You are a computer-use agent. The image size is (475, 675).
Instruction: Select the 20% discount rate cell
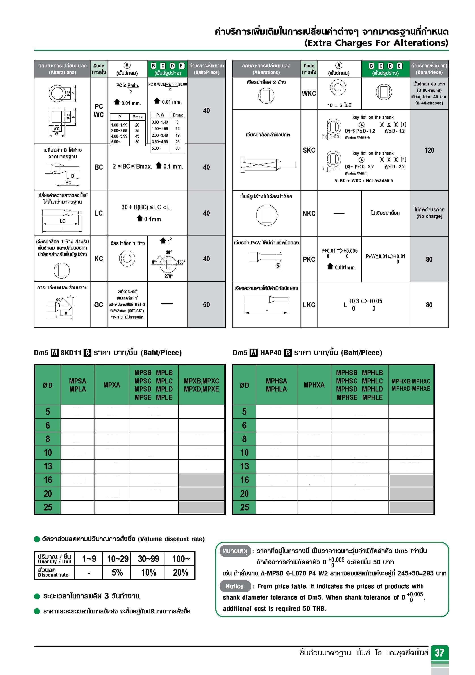click(x=180, y=572)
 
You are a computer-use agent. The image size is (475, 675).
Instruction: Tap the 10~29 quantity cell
click(x=118, y=558)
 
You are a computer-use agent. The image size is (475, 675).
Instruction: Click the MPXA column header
click(x=111, y=385)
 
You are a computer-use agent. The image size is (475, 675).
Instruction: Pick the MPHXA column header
click(x=314, y=385)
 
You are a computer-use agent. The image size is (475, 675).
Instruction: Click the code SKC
click(x=309, y=150)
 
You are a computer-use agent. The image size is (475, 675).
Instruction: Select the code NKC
click(x=309, y=213)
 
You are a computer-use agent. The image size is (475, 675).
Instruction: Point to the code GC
click(x=99, y=304)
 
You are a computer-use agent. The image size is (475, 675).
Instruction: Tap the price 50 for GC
click(x=206, y=304)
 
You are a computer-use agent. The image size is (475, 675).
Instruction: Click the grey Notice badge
click(x=235, y=586)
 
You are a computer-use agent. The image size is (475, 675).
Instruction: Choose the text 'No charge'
click(x=429, y=216)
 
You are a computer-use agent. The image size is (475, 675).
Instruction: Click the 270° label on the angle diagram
click(x=168, y=276)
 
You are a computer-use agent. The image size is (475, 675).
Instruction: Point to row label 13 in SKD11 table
click(x=48, y=466)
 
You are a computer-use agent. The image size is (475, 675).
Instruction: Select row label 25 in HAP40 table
click(x=244, y=507)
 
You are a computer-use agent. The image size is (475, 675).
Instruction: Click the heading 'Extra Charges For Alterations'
click(x=376, y=43)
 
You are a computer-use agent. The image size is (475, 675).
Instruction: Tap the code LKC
click(x=309, y=305)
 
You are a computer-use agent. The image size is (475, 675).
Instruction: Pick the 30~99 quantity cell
click(x=148, y=558)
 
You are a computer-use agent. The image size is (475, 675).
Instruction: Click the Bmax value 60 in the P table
click(x=137, y=142)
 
